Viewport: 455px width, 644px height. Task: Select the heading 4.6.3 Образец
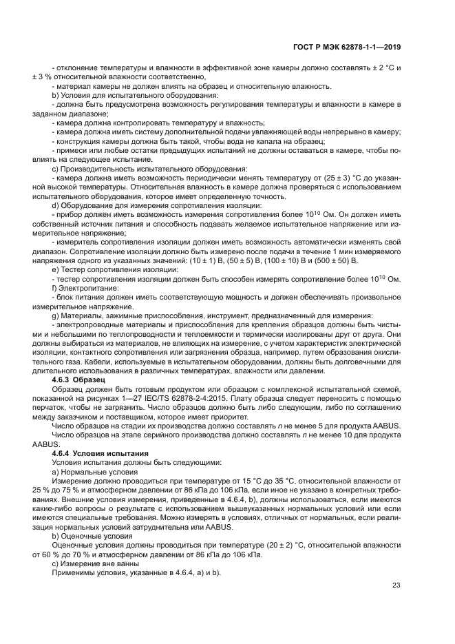click(x=78, y=379)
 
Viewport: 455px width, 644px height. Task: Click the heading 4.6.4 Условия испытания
click(x=100, y=453)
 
